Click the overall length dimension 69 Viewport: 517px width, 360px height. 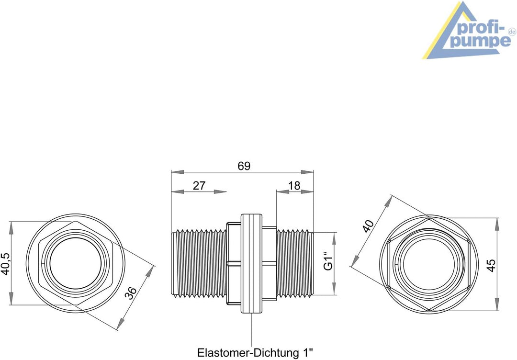pyautogui.click(x=244, y=166)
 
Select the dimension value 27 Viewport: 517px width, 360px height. pyautogui.click(x=199, y=186)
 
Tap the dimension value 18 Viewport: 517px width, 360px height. pyautogui.click(x=294, y=186)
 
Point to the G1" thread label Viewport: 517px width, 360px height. pyautogui.click(x=328, y=261)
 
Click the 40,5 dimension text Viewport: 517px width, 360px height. pyautogui.click(x=6, y=264)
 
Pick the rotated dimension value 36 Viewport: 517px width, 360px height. pyautogui.click(x=131, y=293)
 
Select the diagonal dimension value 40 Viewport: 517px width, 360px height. pyautogui.click(x=368, y=226)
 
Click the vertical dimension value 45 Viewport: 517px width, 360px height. pyautogui.click(x=491, y=265)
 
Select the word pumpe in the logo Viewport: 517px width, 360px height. pyautogui.click(x=480, y=42)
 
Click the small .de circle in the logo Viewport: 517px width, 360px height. pyautogui.click(x=512, y=32)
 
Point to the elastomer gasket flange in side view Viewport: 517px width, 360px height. pyautogui.click(x=252, y=263)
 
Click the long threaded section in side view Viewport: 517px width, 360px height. pyautogui.click(x=199, y=264)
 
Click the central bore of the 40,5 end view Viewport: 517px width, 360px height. pyautogui.click(x=76, y=264)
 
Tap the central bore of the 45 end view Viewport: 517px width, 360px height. pyautogui.click(x=428, y=264)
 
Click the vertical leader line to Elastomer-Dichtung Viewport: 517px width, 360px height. pyautogui.click(x=252, y=330)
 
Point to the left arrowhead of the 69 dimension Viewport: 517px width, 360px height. pyautogui.click(x=178, y=172)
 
